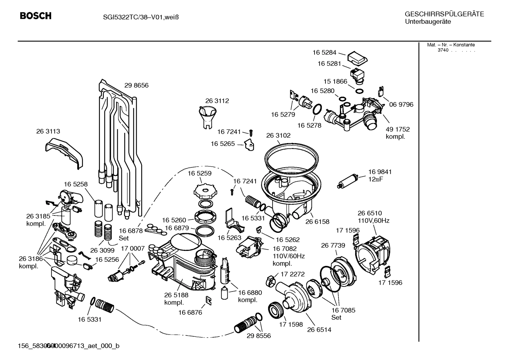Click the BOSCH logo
(x=35, y=16)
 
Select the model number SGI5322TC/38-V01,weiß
(x=139, y=17)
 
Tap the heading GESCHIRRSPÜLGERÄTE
(x=444, y=14)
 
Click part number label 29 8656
(x=136, y=85)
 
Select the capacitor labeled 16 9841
(x=349, y=181)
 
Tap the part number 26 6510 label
(x=370, y=213)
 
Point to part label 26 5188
(x=176, y=295)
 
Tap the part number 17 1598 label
(x=291, y=324)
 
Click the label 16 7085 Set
(x=343, y=314)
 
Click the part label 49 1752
(x=397, y=129)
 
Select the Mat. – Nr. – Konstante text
(x=451, y=45)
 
